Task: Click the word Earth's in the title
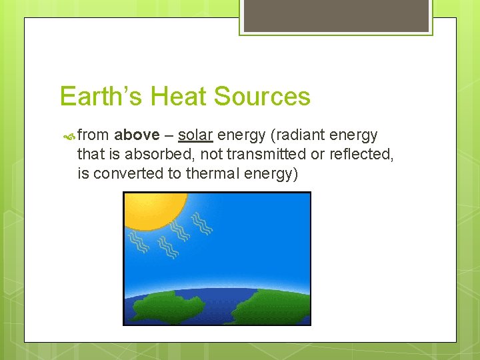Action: click(x=101, y=97)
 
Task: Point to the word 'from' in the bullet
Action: click(x=93, y=135)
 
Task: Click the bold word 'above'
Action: click(x=137, y=135)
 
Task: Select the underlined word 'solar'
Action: click(x=195, y=135)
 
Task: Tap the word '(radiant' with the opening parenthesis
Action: click(x=295, y=135)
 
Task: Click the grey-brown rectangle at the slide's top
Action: click(x=336, y=15)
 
